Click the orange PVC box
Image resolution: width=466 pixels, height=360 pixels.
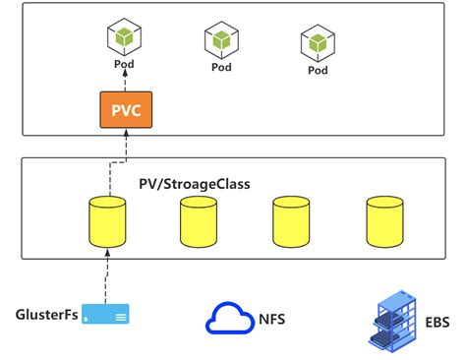tap(125, 111)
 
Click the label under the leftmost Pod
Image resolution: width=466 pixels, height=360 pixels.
tap(125, 65)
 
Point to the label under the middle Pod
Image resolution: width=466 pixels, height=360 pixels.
tap(222, 68)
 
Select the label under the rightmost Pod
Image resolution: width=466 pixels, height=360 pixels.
tap(318, 70)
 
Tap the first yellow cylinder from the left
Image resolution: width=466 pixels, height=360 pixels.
tap(106, 221)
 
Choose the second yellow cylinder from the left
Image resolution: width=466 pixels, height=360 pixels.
tap(199, 221)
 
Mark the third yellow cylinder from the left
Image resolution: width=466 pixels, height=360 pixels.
tap(292, 221)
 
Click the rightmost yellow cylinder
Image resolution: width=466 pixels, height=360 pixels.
tap(384, 221)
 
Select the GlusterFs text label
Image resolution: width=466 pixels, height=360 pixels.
tap(46, 314)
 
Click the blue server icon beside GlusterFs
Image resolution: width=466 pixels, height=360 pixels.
tap(106, 315)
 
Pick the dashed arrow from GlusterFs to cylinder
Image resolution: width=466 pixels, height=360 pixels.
tap(106, 275)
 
